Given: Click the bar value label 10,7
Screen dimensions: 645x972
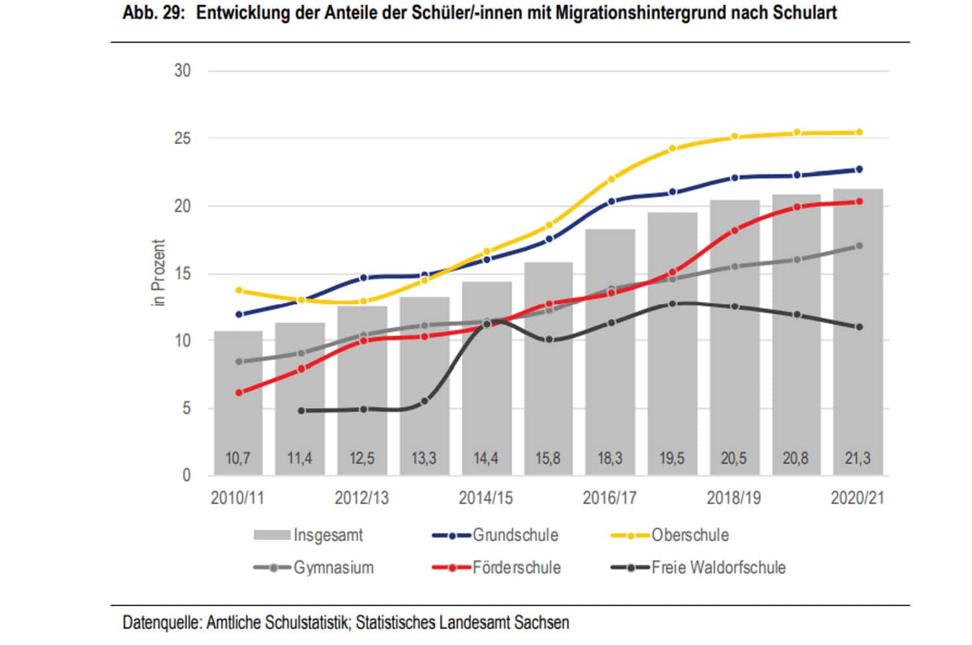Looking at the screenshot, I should (237, 459).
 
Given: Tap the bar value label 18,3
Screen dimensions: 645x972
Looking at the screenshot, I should (609, 459).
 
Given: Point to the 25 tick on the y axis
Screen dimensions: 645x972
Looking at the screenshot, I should (182, 139).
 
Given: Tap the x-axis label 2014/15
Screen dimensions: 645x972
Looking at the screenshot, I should (485, 498).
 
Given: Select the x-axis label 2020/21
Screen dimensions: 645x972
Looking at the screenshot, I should (857, 498).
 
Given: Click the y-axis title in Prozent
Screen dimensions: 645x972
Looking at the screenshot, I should (159, 273).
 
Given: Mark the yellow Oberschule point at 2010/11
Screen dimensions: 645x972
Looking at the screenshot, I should (239, 290).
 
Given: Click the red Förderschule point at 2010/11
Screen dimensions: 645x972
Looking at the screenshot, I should (239, 393).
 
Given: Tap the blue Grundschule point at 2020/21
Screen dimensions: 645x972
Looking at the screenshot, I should (859, 169).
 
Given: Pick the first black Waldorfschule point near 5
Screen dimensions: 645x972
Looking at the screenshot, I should (301, 411).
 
